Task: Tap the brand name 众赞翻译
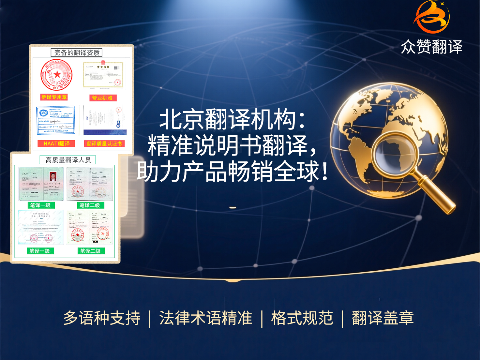[431, 47]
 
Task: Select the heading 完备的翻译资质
[77, 52]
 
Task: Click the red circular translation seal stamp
[56, 75]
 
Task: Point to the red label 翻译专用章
[54, 97]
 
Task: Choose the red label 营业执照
[102, 98]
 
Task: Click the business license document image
[103, 75]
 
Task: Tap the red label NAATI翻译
[56, 143]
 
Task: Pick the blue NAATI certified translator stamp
[55, 120]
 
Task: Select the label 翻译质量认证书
[104, 143]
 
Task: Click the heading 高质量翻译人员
[68, 160]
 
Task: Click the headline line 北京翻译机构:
[232, 119]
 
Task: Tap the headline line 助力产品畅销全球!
[232, 172]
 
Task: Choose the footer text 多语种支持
[102, 318]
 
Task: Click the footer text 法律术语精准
[206, 318]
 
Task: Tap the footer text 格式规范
[302, 318]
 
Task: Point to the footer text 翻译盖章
[383, 318]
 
